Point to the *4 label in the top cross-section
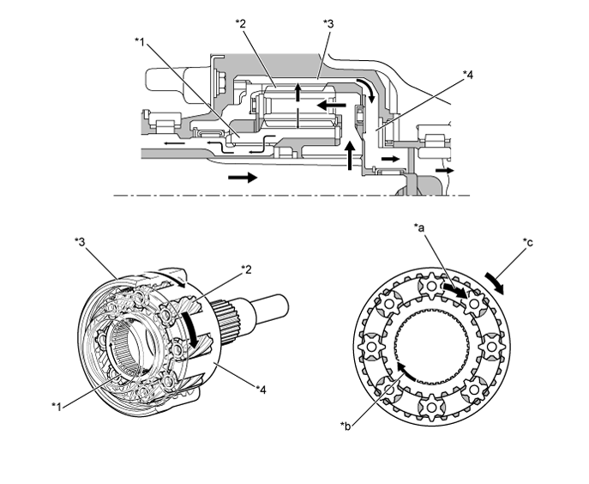point(466,76)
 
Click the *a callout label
point(420,227)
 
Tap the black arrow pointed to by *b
point(408,371)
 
